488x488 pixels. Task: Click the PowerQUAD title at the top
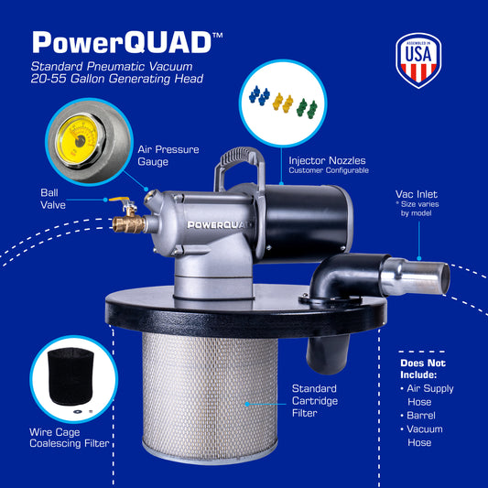[127, 42]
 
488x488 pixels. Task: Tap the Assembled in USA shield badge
[418, 60]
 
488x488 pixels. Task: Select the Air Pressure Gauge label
[168, 156]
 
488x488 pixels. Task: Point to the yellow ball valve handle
[120, 200]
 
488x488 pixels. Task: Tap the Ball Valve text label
[53, 199]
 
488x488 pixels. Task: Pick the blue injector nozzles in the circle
[259, 95]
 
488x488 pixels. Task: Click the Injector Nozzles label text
[327, 160]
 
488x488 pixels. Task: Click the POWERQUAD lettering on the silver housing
[220, 224]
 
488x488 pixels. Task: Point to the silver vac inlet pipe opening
[446, 278]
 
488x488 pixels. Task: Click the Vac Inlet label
[417, 194]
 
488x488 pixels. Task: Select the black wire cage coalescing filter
[70, 376]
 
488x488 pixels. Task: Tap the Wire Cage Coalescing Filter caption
[70, 438]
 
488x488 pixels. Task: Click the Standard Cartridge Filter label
[314, 400]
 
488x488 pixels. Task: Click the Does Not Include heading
[423, 369]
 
